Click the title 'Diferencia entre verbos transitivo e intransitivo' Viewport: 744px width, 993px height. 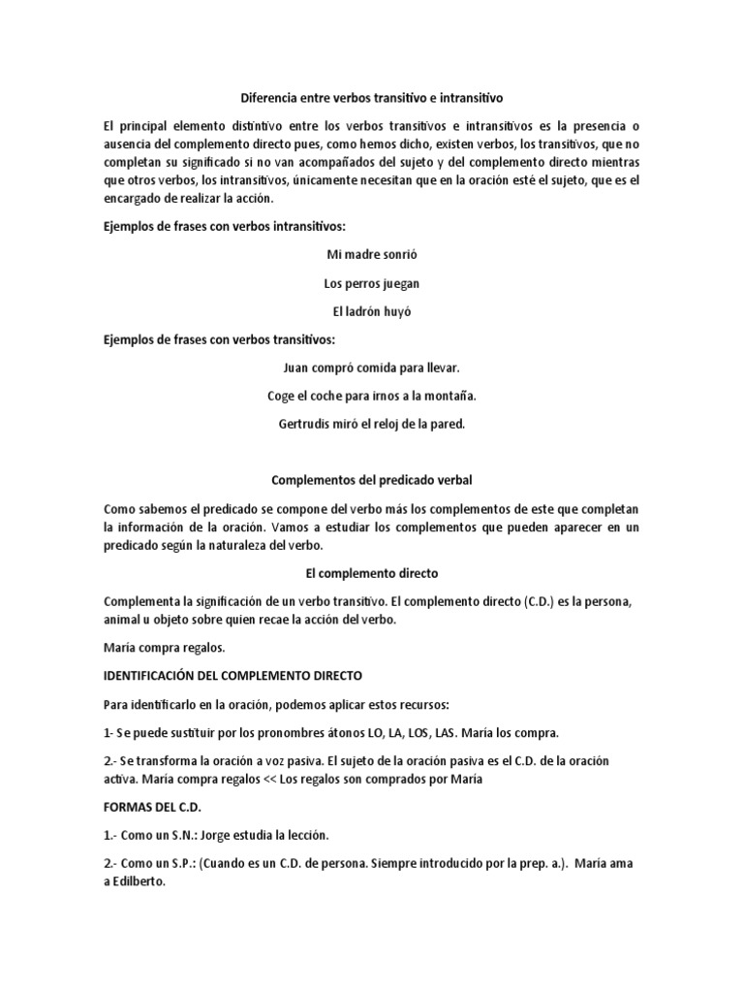pyautogui.click(x=371, y=98)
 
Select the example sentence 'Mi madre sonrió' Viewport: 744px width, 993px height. pyautogui.click(x=371, y=255)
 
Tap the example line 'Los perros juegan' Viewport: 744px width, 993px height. pyautogui.click(x=371, y=283)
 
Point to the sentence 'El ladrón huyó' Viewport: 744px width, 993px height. pyautogui.click(x=371, y=311)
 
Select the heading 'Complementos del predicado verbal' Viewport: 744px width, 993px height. pyautogui.click(x=371, y=480)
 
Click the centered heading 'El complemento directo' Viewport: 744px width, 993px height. pyautogui.click(x=371, y=574)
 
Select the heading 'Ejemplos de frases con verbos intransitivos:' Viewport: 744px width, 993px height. pyautogui.click(x=224, y=226)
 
